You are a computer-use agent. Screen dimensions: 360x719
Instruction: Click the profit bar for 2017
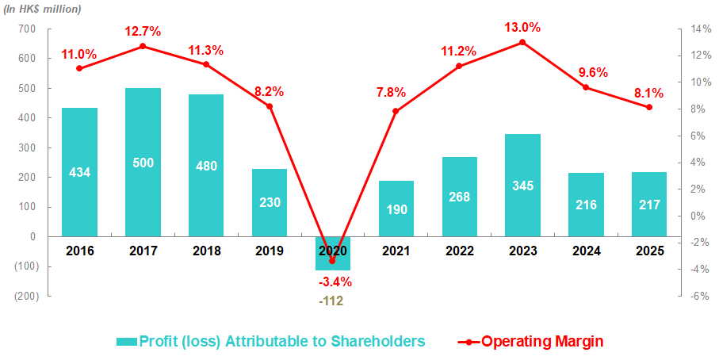coord(143,162)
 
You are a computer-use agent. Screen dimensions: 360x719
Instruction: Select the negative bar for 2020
coord(332,253)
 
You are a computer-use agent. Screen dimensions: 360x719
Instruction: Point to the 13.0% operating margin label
coord(522,27)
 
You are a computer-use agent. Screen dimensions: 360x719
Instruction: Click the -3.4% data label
coord(335,281)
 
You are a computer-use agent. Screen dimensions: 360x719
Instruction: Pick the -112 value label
coord(332,301)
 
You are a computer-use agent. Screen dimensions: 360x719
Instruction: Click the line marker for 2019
coord(270,106)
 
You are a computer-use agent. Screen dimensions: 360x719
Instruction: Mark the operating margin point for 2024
coord(586,87)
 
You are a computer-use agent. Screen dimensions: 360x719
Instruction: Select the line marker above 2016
coord(79,68)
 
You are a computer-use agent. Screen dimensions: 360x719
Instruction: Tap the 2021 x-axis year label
coord(396,251)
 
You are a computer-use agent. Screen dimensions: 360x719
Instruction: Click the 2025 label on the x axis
coord(649,251)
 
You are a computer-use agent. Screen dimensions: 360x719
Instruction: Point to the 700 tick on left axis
coord(26,29)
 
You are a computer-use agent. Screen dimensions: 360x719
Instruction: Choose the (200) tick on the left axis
coord(23,296)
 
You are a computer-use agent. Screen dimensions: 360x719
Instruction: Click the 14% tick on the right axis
coord(700,29)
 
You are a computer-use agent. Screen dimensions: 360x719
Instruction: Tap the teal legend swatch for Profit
coord(126,341)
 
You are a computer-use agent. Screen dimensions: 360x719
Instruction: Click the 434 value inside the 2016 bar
coord(79,172)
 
